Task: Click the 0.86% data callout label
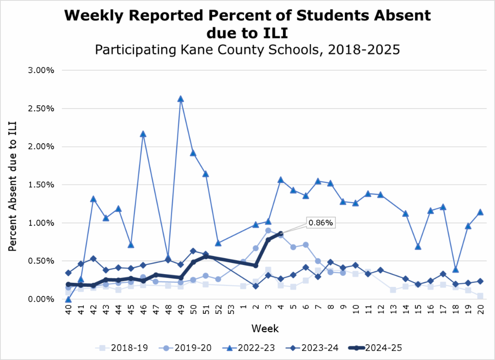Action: coord(321,223)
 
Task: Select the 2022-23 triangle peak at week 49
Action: coord(180,99)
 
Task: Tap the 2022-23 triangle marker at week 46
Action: coord(143,134)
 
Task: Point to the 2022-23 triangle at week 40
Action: coord(68,299)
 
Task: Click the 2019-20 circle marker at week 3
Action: coord(268,230)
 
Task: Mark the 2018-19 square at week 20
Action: coord(480,296)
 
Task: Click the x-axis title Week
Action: coord(265,329)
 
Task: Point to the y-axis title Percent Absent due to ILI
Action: coord(13,185)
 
